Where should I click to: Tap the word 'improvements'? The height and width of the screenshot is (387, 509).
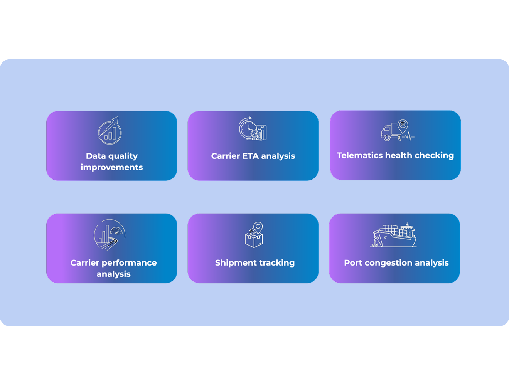(112, 167)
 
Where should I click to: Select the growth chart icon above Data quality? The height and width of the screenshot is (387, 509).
(110, 130)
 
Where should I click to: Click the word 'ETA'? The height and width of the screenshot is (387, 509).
(251, 156)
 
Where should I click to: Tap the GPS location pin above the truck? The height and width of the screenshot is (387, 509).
(403, 126)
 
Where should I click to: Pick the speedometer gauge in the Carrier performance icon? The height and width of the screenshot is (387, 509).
(116, 231)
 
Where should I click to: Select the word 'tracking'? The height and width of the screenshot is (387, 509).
(276, 263)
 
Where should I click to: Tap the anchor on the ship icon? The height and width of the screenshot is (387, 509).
(373, 243)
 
